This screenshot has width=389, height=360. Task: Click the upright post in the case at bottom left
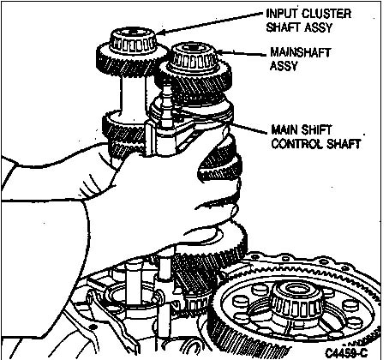pyautogui.click(x=134, y=283)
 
